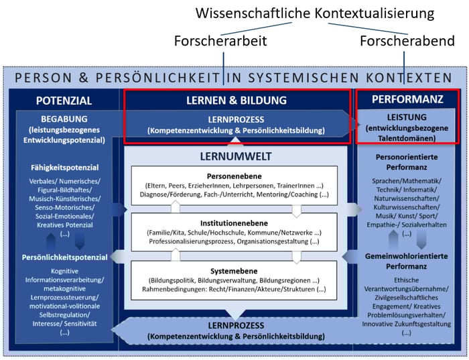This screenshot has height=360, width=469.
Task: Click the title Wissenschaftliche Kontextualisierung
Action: [x=314, y=13]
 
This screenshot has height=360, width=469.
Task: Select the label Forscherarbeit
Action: [x=222, y=41]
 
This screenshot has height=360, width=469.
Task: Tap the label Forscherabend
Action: [x=407, y=41]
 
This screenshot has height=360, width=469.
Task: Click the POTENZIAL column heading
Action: [x=64, y=101]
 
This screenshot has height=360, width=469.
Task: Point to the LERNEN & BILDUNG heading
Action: [x=235, y=101]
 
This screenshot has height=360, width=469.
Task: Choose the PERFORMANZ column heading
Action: [x=407, y=100]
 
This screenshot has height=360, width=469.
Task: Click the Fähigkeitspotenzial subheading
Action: [x=64, y=167]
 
